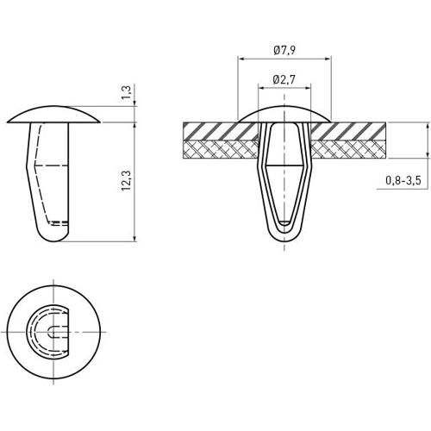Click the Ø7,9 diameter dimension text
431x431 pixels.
pos(284,50)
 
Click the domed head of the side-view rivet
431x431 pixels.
pos(57,113)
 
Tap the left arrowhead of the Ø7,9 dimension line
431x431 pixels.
pos(240,59)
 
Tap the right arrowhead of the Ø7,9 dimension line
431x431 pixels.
pos(330,59)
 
